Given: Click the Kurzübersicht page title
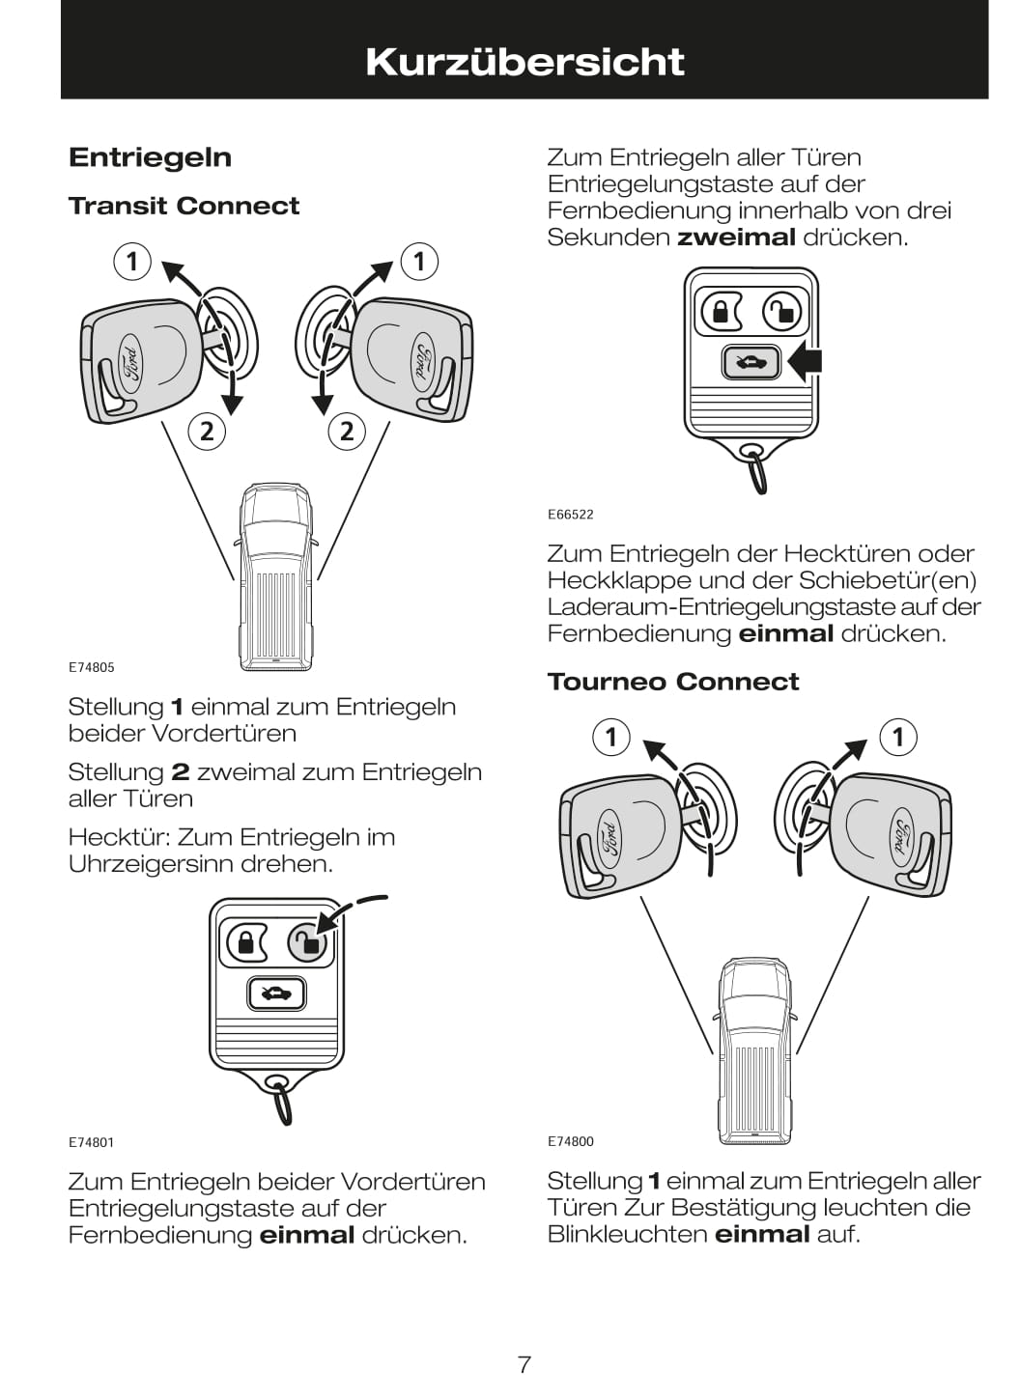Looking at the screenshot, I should [x=524, y=62].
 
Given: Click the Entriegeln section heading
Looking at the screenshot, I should [x=150, y=157].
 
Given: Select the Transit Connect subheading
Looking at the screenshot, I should [x=184, y=206].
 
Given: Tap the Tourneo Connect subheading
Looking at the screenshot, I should [x=672, y=682].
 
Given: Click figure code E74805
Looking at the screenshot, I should [x=92, y=667].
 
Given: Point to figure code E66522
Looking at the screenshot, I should [x=570, y=515].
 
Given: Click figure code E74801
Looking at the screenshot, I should [x=92, y=1142].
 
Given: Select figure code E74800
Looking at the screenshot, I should [x=570, y=1141].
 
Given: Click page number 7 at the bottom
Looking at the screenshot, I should [x=524, y=1364].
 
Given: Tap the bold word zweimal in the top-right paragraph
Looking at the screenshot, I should [x=736, y=238].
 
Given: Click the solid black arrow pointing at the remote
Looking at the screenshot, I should [x=805, y=362].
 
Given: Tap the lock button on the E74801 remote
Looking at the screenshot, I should [x=245, y=941].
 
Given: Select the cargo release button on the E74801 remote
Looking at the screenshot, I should [x=275, y=993].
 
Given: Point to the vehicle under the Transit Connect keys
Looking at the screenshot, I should [x=276, y=576].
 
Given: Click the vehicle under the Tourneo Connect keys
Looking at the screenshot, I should [x=754, y=1049].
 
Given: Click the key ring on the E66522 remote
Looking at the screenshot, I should [x=757, y=471].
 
